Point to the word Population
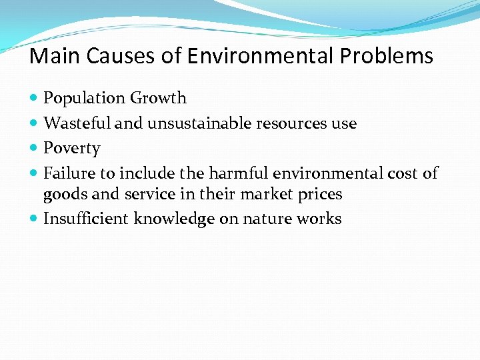tap(85, 99)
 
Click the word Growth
tap(158, 99)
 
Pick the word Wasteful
tap(71, 123)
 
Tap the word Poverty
tap(71, 148)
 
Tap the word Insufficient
tap(86, 219)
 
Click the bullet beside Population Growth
tap(34, 99)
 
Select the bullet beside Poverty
tap(34, 148)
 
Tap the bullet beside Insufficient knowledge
tap(34, 219)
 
